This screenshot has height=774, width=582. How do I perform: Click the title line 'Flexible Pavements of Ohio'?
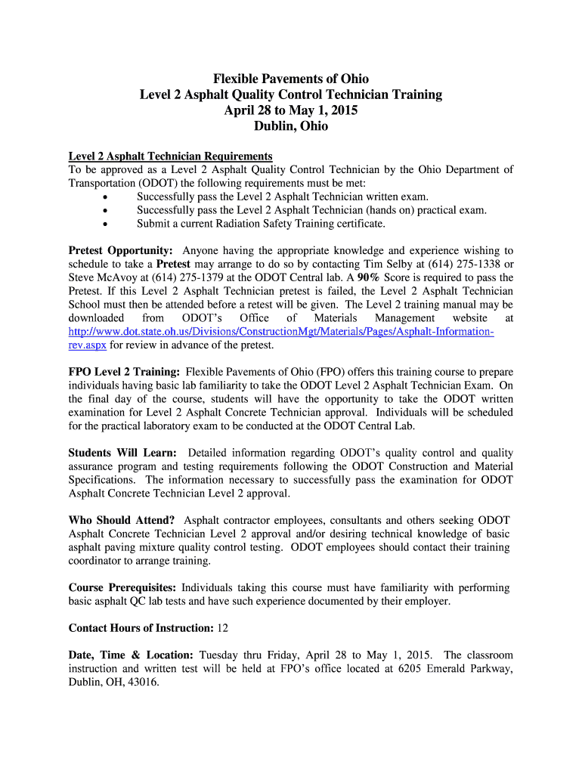click(x=290, y=79)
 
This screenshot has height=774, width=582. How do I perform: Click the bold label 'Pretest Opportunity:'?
click(x=121, y=250)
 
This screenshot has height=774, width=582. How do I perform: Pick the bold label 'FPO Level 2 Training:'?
click(x=124, y=372)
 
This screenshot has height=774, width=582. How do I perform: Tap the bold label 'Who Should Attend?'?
click(x=122, y=520)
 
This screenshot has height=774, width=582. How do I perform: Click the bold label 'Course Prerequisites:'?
click(x=123, y=587)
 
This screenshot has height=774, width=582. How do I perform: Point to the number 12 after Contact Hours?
click(x=223, y=628)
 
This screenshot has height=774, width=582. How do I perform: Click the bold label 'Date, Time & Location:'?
click(x=132, y=655)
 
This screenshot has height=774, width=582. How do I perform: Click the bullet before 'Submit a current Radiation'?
click(x=104, y=224)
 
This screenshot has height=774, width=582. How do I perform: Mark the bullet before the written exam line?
click(x=104, y=197)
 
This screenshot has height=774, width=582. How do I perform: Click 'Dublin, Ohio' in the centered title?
click(x=290, y=126)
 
